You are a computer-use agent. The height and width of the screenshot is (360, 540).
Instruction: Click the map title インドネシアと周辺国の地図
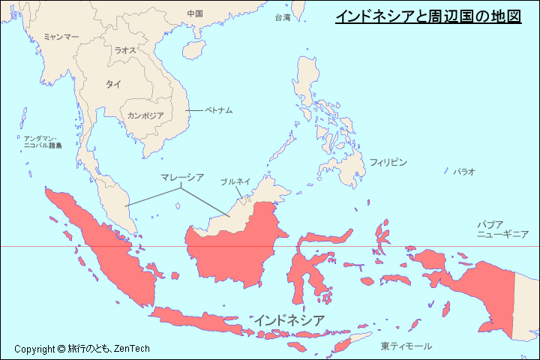(x=427, y=16)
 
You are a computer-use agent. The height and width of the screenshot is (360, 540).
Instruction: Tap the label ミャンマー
(x=61, y=36)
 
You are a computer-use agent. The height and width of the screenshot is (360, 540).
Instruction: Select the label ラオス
(x=125, y=50)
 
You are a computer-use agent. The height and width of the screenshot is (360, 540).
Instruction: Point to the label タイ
(x=113, y=85)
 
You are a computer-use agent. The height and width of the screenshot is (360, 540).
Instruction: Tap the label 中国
(x=195, y=13)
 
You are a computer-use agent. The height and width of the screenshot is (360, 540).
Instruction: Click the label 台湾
(x=283, y=17)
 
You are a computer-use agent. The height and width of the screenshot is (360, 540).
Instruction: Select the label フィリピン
(x=388, y=162)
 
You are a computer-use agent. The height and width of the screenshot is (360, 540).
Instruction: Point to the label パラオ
(x=463, y=172)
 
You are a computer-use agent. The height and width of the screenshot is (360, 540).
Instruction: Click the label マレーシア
(x=182, y=177)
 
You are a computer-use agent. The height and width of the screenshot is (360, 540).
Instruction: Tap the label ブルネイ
(x=235, y=181)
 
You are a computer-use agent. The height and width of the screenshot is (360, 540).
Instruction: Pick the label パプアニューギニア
(x=502, y=229)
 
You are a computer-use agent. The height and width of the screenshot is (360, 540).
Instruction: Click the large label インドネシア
(x=289, y=320)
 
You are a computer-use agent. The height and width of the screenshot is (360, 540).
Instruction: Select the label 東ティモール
(x=406, y=346)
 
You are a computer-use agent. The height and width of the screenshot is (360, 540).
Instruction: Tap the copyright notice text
(x=82, y=349)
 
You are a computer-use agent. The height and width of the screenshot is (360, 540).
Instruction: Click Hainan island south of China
(x=193, y=52)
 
